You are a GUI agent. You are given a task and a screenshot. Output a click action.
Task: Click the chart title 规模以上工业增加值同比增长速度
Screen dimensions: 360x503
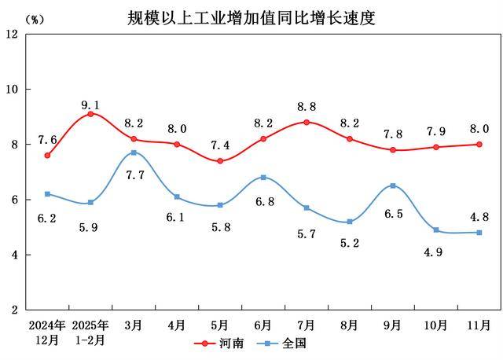point(251,17)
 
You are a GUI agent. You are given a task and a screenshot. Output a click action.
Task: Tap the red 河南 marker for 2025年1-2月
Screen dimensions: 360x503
point(90,114)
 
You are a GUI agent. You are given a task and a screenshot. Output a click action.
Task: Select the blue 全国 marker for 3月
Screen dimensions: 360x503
point(134,152)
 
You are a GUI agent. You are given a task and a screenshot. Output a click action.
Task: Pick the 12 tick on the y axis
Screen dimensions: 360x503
point(12,34)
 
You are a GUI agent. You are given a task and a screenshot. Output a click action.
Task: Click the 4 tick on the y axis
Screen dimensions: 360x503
point(15,255)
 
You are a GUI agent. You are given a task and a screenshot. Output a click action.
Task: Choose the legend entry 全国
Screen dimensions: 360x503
point(288,343)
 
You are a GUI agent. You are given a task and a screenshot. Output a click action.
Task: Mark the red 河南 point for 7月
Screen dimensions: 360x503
point(306,122)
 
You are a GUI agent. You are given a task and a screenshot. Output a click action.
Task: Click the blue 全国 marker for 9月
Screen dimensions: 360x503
point(392,186)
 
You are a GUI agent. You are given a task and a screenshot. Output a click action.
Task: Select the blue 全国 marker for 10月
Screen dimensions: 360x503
point(435,230)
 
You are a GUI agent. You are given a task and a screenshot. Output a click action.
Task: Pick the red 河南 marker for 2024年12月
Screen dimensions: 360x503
point(47,156)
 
